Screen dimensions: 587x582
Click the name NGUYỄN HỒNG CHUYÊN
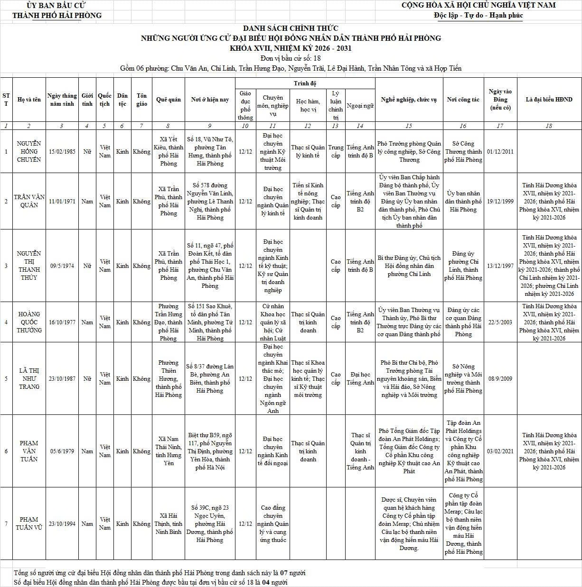pos(28,151)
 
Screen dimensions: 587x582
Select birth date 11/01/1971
pos(62,201)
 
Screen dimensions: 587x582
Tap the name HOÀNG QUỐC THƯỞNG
pos(28,322)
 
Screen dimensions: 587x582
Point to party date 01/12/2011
pos(500,151)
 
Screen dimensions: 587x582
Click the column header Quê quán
pos(168,100)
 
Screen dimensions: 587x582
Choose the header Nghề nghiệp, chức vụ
pos(409,100)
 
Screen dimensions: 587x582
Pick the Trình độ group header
pos(305,83)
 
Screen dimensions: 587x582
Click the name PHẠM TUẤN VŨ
pos(28,523)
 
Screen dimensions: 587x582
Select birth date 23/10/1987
pos(62,378)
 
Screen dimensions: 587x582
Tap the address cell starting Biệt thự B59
pos(209,451)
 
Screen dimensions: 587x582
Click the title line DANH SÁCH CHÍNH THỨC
pos(291,28)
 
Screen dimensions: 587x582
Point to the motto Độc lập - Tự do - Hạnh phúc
pos(478,15)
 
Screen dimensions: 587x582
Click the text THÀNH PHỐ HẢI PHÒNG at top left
pos(57,15)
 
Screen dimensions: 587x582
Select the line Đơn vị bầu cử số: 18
pos(291,58)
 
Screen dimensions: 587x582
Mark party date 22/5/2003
pos(500,322)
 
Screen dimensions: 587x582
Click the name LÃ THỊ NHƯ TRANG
pos(28,378)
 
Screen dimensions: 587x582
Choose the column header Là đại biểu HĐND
pos(549,100)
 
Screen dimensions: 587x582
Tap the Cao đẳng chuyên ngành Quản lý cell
pos(272,523)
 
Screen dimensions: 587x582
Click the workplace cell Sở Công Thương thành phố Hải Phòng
pos(463,151)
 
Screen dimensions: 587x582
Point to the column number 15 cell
pos(409,126)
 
